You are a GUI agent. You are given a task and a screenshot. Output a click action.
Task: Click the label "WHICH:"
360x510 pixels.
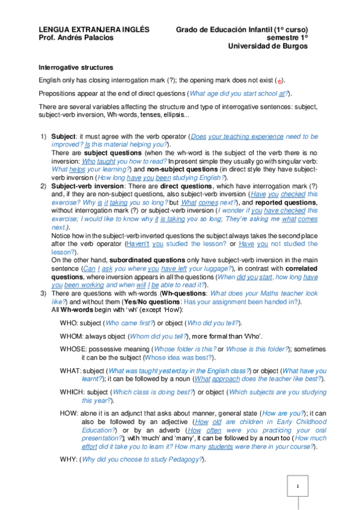click(72, 392)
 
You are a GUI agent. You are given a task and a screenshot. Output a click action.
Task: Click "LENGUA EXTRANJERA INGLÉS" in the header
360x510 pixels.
click(94, 29)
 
